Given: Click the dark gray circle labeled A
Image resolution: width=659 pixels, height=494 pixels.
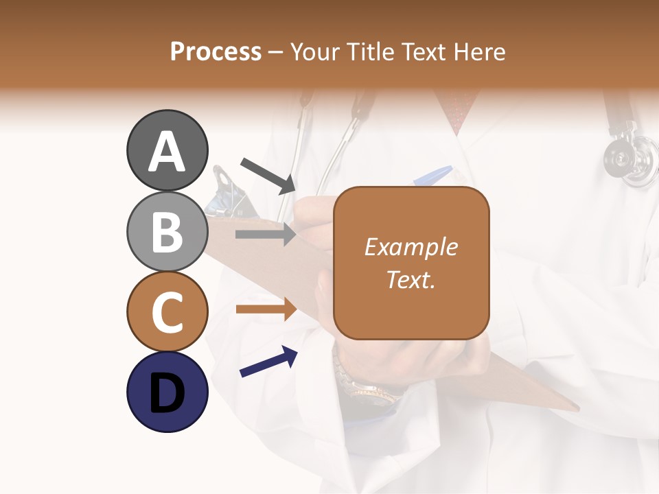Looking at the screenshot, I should pyautogui.click(x=167, y=150).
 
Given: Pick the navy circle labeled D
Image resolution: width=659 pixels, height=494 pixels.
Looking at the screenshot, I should pyautogui.click(x=167, y=392).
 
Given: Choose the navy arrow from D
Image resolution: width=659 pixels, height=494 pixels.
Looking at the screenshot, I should pyautogui.click(x=268, y=362).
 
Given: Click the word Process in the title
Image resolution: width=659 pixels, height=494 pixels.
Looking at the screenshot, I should pyautogui.click(x=216, y=51).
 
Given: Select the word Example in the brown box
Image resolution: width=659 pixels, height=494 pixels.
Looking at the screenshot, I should pyautogui.click(x=411, y=247).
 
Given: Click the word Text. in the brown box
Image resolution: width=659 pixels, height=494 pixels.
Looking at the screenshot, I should pyautogui.click(x=411, y=279).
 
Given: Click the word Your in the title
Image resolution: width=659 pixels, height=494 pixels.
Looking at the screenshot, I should pyautogui.click(x=315, y=51).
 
